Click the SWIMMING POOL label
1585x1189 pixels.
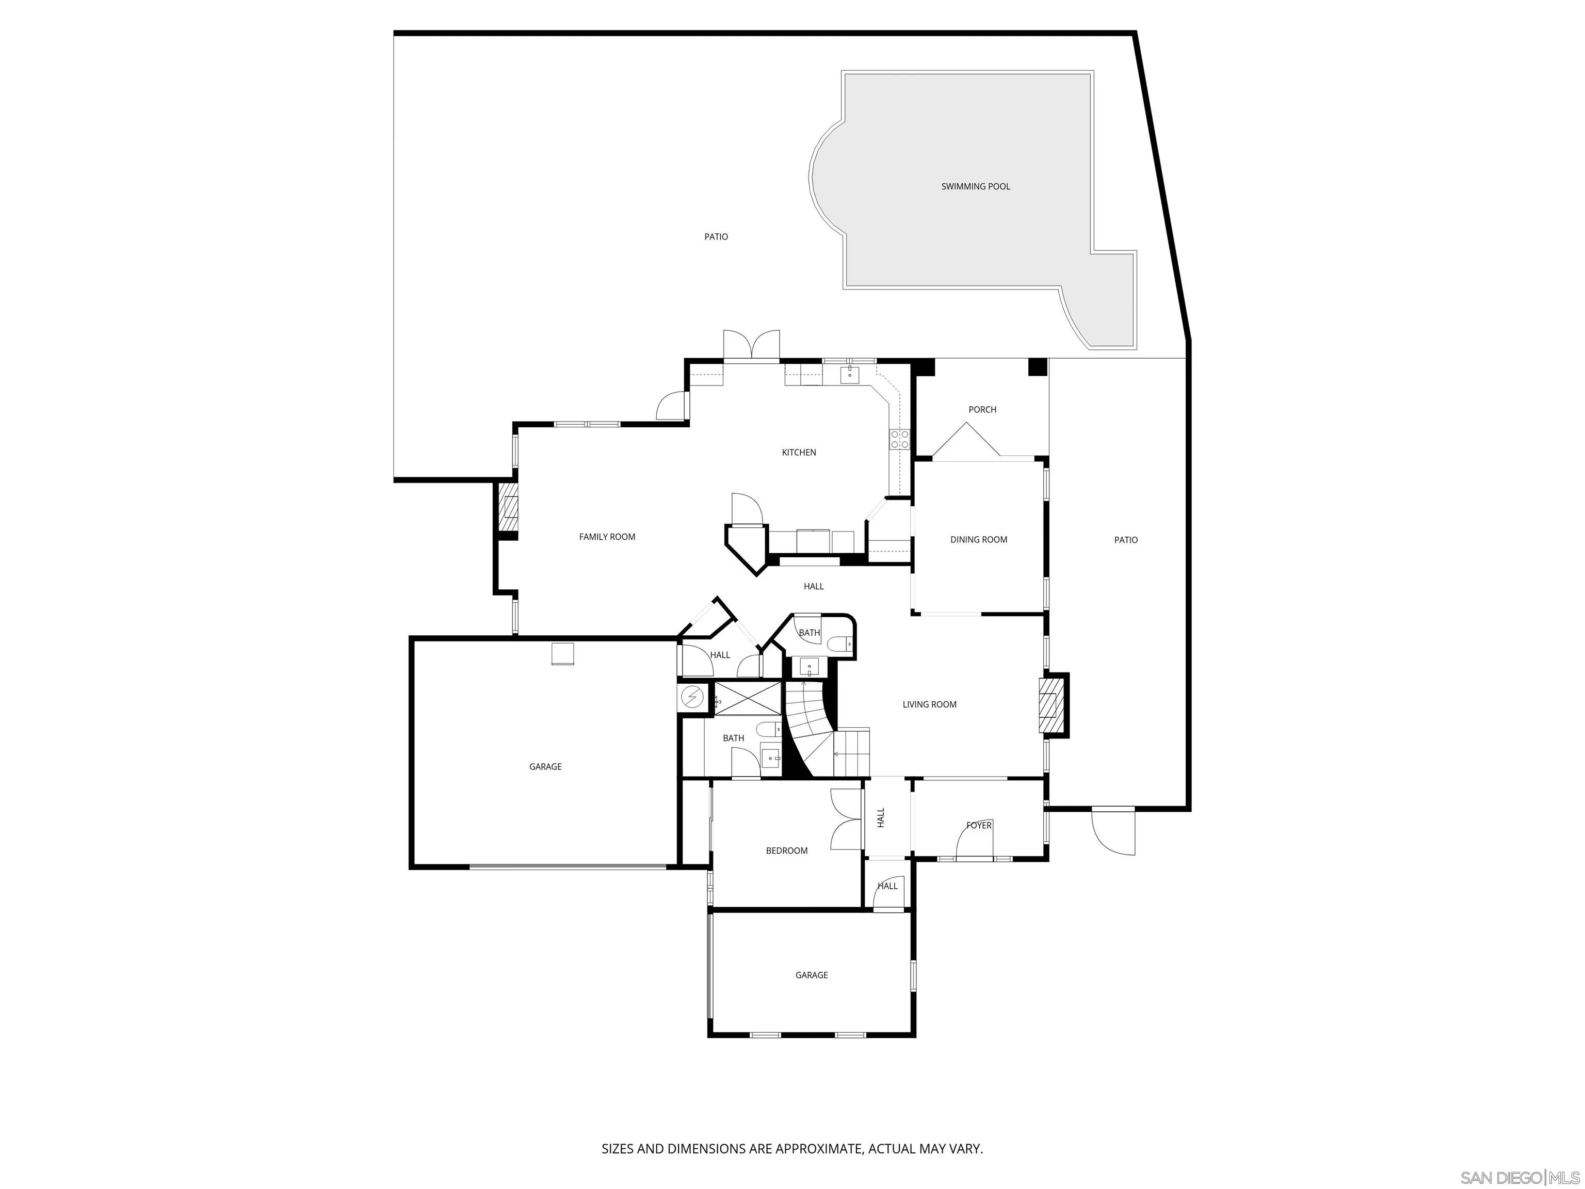pos(975,186)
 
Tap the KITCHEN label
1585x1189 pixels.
pos(798,452)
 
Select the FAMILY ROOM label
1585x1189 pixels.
pos(607,537)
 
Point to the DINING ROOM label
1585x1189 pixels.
pos(978,540)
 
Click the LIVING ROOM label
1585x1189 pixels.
pos(929,704)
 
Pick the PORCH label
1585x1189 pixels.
pos(982,409)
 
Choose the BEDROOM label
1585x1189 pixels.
pos(786,850)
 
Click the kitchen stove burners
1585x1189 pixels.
pos(899,439)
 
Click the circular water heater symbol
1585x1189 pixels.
pos(692,697)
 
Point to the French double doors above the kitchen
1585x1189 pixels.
pos(751,345)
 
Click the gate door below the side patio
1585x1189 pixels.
pos(1113,831)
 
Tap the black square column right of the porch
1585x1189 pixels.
pos(1037,367)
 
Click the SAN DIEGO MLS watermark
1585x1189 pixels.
pos(1519,1178)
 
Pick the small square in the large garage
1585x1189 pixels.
pos(562,654)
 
